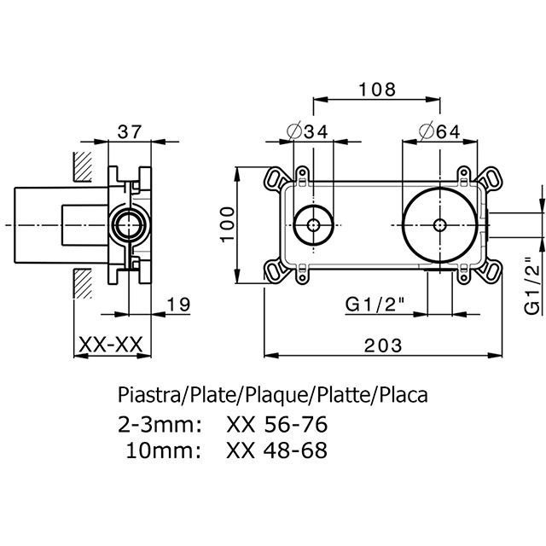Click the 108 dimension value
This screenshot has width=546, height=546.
point(377,90)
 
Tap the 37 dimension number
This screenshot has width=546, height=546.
point(130,132)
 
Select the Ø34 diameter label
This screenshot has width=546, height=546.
point(307,131)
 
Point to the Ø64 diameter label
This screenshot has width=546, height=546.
point(440,131)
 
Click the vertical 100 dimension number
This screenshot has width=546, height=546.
point(228,224)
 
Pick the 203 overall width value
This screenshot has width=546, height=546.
point(383,346)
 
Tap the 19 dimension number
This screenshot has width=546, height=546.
point(178,305)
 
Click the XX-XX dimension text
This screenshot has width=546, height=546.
point(111,345)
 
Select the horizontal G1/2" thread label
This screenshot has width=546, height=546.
point(375,305)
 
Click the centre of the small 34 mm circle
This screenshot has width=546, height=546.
point(314,225)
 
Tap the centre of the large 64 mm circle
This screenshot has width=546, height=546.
point(440,225)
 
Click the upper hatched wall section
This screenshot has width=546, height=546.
point(83,166)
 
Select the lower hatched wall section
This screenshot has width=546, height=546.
point(83,283)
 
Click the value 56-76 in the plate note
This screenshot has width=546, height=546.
point(296,425)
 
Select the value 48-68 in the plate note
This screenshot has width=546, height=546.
point(295,450)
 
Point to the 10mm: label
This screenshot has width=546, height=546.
point(164,450)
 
